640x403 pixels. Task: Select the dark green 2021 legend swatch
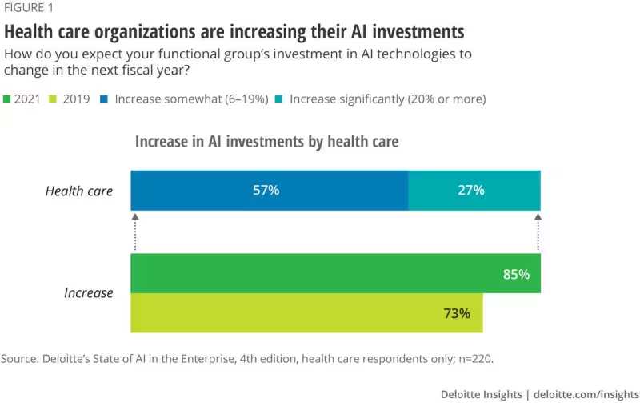tap(8, 99)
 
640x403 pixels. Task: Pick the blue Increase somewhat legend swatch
tap(104, 99)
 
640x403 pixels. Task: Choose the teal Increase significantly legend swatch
tap(279, 99)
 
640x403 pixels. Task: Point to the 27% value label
tap(472, 191)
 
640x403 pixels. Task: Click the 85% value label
tap(516, 274)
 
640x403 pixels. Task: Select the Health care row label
tap(78, 191)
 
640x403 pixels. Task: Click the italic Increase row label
tap(88, 293)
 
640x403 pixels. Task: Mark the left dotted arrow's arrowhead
tap(135, 217)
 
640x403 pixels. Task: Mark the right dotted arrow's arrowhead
tap(538, 217)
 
